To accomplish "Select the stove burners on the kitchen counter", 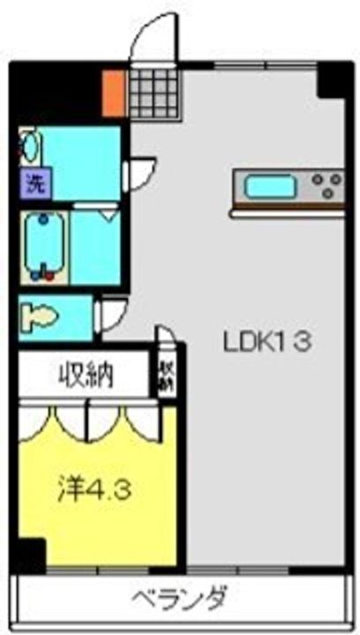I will (x=325, y=186).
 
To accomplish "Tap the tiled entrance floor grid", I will (x=153, y=92).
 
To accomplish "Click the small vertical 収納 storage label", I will (x=165, y=374).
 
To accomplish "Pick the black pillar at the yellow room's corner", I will (x=31, y=555).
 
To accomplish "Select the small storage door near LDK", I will (x=165, y=340).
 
